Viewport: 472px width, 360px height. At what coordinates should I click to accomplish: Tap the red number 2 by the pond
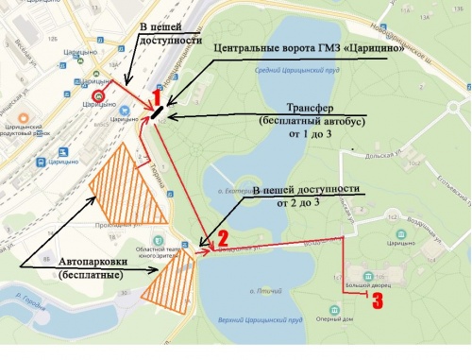pyautogui.click(x=224, y=236)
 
